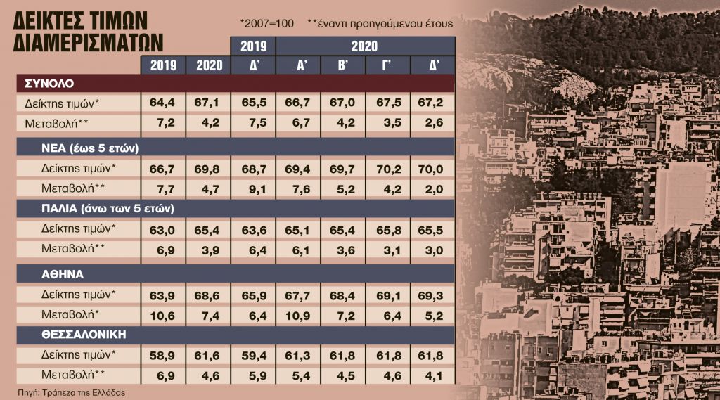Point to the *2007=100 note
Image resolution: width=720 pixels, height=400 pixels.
pyautogui.click(x=265, y=22)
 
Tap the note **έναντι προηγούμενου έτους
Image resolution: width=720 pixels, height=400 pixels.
pyautogui.click(x=380, y=22)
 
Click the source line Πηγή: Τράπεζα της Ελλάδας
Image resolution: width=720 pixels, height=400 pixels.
pyautogui.click(x=72, y=392)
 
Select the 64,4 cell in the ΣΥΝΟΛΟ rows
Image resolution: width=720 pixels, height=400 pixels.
pyautogui.click(x=163, y=103)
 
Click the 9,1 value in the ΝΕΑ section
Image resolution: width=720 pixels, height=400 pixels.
pyautogui.click(x=253, y=188)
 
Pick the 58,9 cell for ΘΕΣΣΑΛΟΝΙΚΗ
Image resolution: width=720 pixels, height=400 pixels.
pyautogui.click(x=163, y=354)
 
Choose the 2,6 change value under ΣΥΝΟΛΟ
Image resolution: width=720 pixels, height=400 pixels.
pyautogui.click(x=434, y=123)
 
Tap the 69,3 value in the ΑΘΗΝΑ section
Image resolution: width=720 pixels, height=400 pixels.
pyautogui.click(x=434, y=294)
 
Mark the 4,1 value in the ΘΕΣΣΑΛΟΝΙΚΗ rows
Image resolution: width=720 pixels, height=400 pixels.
pyautogui.click(x=434, y=375)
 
